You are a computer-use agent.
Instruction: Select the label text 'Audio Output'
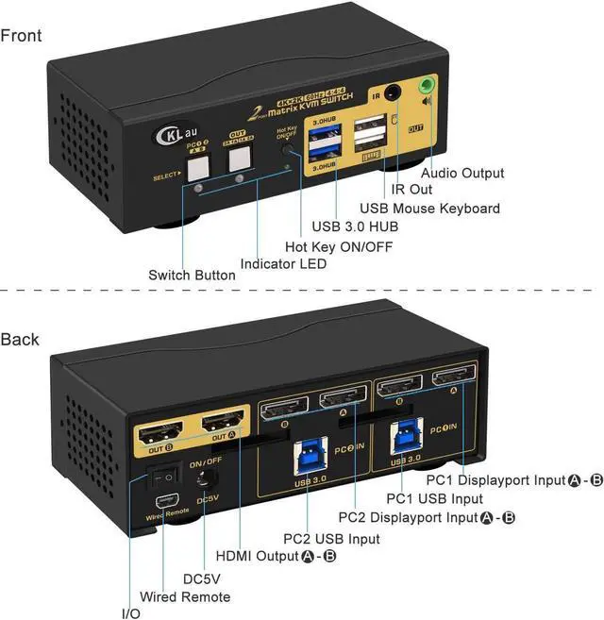pyautogui.click(x=462, y=173)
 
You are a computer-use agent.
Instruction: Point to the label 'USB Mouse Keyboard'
pyautogui.click(x=430, y=208)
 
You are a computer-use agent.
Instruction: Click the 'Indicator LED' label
pyautogui.click(x=283, y=264)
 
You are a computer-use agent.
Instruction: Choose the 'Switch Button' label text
pyautogui.click(x=192, y=276)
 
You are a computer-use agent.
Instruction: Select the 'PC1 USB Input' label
pyautogui.click(x=435, y=498)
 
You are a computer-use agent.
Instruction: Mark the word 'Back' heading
pyautogui.click(x=20, y=339)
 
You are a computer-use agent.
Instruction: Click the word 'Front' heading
pyautogui.click(x=21, y=36)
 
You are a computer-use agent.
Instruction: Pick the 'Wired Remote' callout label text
pyautogui.click(x=185, y=596)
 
